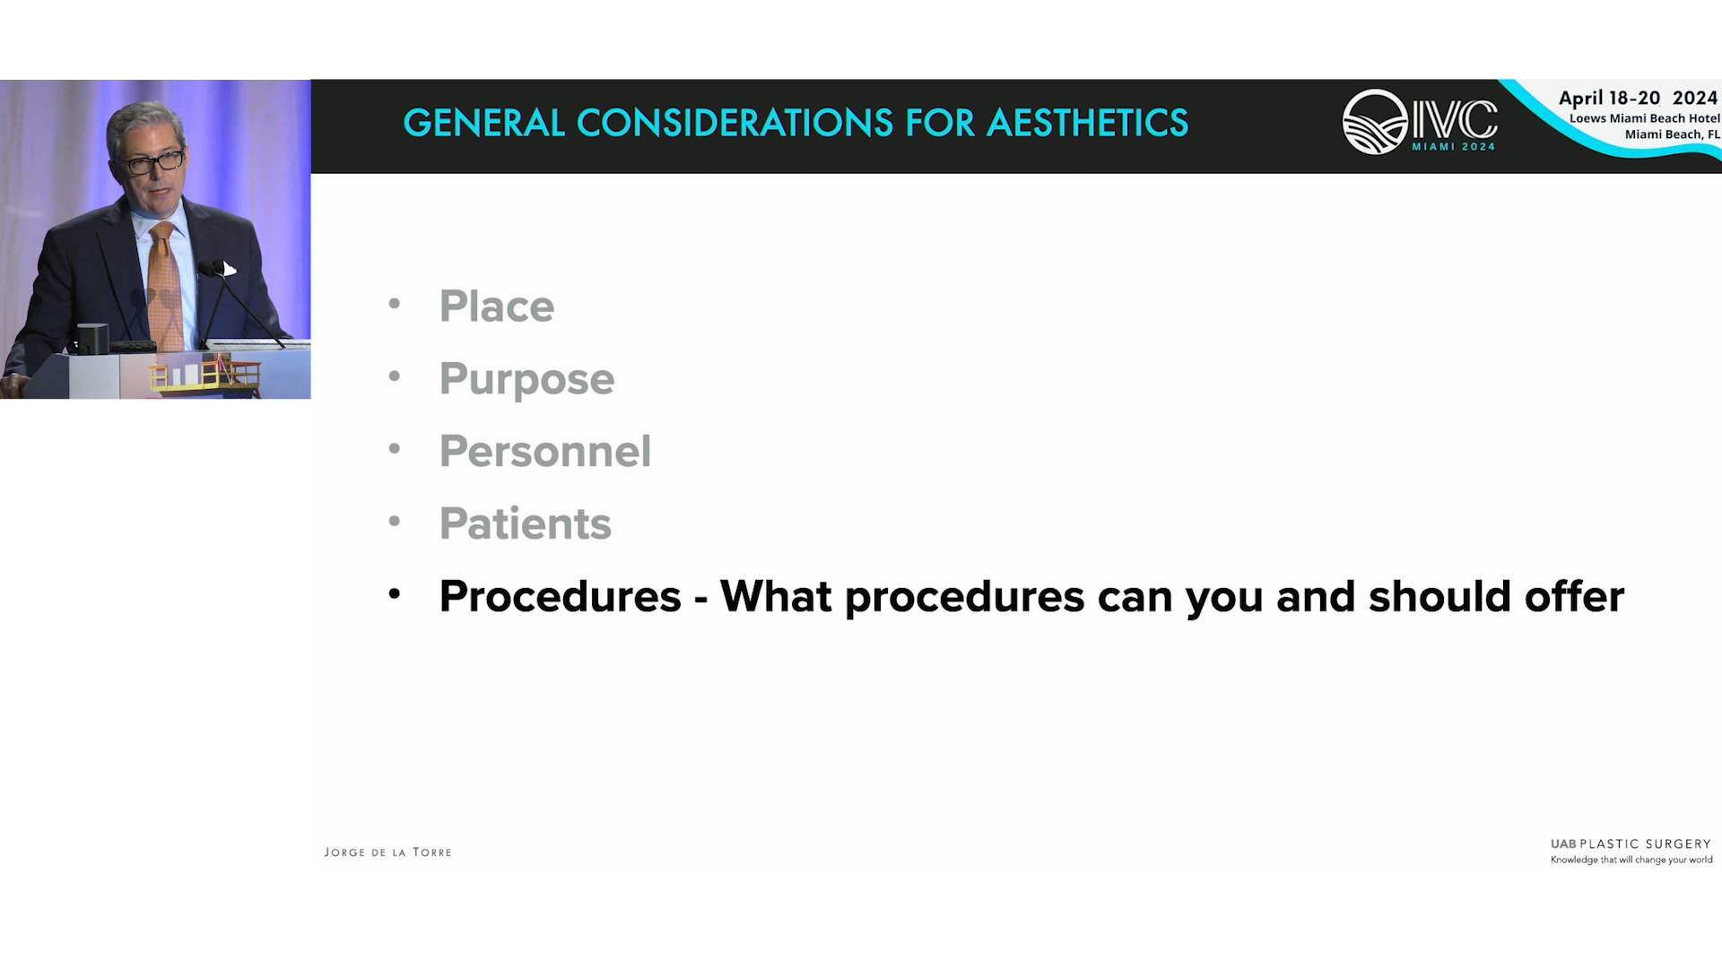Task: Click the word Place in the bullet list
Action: click(x=497, y=307)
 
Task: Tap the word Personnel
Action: click(x=545, y=451)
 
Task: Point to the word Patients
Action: click(x=526, y=523)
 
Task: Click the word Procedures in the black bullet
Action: click(x=561, y=596)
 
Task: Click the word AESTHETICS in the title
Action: click(x=1087, y=123)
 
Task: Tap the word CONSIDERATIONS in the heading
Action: click(x=735, y=123)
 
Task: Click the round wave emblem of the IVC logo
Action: click(x=1375, y=122)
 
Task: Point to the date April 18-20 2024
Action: click(x=1638, y=98)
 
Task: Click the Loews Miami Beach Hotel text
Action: click(x=1644, y=118)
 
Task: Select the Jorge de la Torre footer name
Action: click(x=387, y=852)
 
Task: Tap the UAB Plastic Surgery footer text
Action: click(x=1631, y=844)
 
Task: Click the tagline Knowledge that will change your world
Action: click(x=1631, y=860)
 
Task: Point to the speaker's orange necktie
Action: click(x=165, y=287)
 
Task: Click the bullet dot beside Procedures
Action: click(x=394, y=593)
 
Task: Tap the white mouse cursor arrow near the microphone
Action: click(x=230, y=269)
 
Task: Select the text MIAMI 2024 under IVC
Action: click(x=1454, y=147)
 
